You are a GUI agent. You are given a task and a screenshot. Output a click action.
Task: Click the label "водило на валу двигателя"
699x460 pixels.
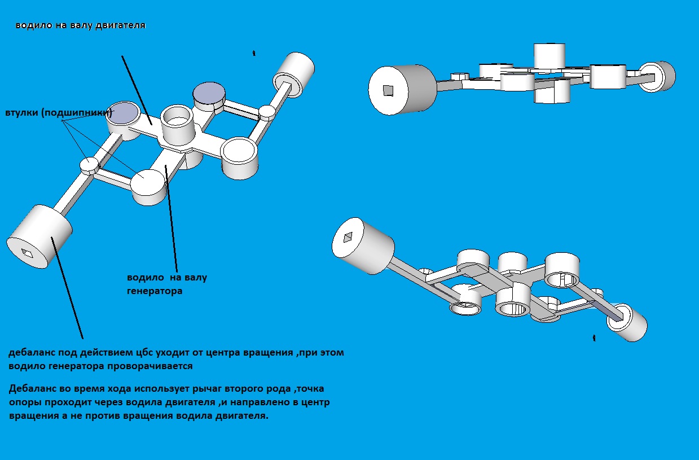81,25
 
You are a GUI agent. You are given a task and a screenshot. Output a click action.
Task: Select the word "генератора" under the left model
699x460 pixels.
154,291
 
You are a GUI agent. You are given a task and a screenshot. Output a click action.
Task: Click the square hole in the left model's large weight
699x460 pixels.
27,252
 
